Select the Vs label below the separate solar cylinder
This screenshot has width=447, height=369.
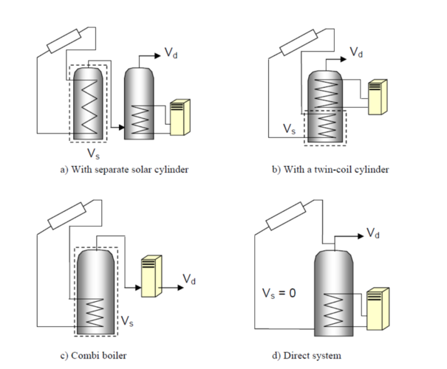pyautogui.click(x=92, y=154)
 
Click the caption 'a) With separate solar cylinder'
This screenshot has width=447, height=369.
pyautogui.click(x=124, y=170)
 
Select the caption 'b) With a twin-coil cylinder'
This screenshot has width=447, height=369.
pyautogui.click(x=330, y=170)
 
